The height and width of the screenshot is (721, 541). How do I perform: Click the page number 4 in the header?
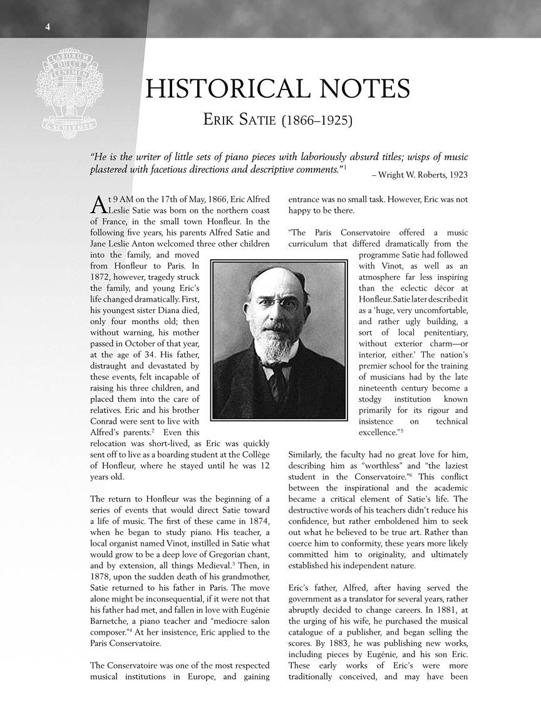(x=48, y=26)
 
